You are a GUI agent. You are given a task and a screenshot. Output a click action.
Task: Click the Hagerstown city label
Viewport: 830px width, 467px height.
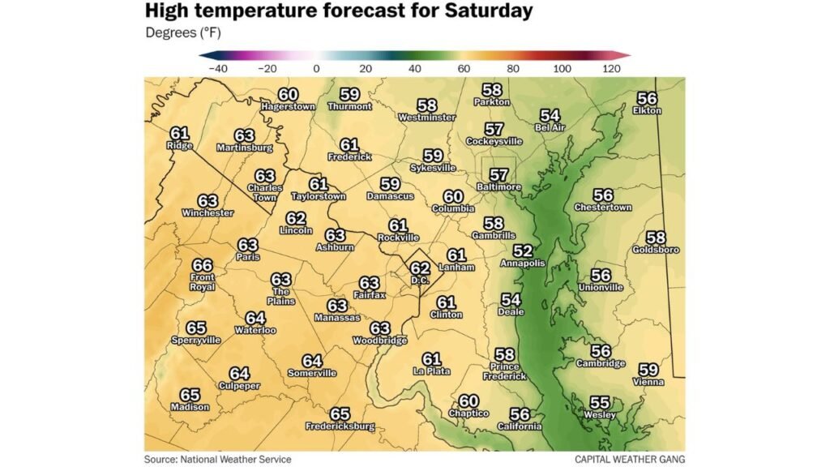click(288, 107)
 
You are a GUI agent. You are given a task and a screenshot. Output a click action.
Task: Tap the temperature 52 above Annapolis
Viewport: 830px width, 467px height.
click(523, 251)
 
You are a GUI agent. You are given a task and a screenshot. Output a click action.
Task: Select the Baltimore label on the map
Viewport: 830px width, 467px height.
click(498, 187)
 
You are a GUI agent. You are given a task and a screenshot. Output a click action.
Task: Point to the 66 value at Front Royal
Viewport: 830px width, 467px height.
click(203, 265)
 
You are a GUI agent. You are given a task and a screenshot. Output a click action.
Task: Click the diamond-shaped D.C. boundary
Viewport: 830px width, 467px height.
click(420, 271)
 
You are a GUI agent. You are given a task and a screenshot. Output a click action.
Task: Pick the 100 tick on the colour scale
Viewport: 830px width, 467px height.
click(562, 70)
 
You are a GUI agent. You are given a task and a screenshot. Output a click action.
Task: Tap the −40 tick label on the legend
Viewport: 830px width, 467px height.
click(217, 70)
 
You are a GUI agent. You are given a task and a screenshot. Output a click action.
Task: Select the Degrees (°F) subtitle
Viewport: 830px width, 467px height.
click(182, 33)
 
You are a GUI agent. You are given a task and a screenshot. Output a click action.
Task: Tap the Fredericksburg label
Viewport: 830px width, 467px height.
click(340, 426)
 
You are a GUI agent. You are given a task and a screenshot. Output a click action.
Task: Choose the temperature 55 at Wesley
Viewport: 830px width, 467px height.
click(600, 402)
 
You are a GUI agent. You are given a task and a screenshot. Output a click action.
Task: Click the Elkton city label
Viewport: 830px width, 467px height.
click(647, 110)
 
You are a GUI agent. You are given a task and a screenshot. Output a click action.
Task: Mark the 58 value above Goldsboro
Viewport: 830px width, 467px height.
click(656, 238)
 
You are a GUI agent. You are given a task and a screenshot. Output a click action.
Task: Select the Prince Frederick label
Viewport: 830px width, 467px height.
click(504, 371)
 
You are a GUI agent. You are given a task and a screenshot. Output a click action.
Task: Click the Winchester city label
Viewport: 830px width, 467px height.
click(207, 213)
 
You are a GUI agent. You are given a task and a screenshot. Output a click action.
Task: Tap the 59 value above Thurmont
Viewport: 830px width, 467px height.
click(350, 94)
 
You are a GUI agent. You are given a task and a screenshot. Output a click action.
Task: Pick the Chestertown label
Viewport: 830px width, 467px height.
click(602, 208)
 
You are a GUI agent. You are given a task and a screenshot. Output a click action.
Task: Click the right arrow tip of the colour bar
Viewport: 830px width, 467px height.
click(628, 55)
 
